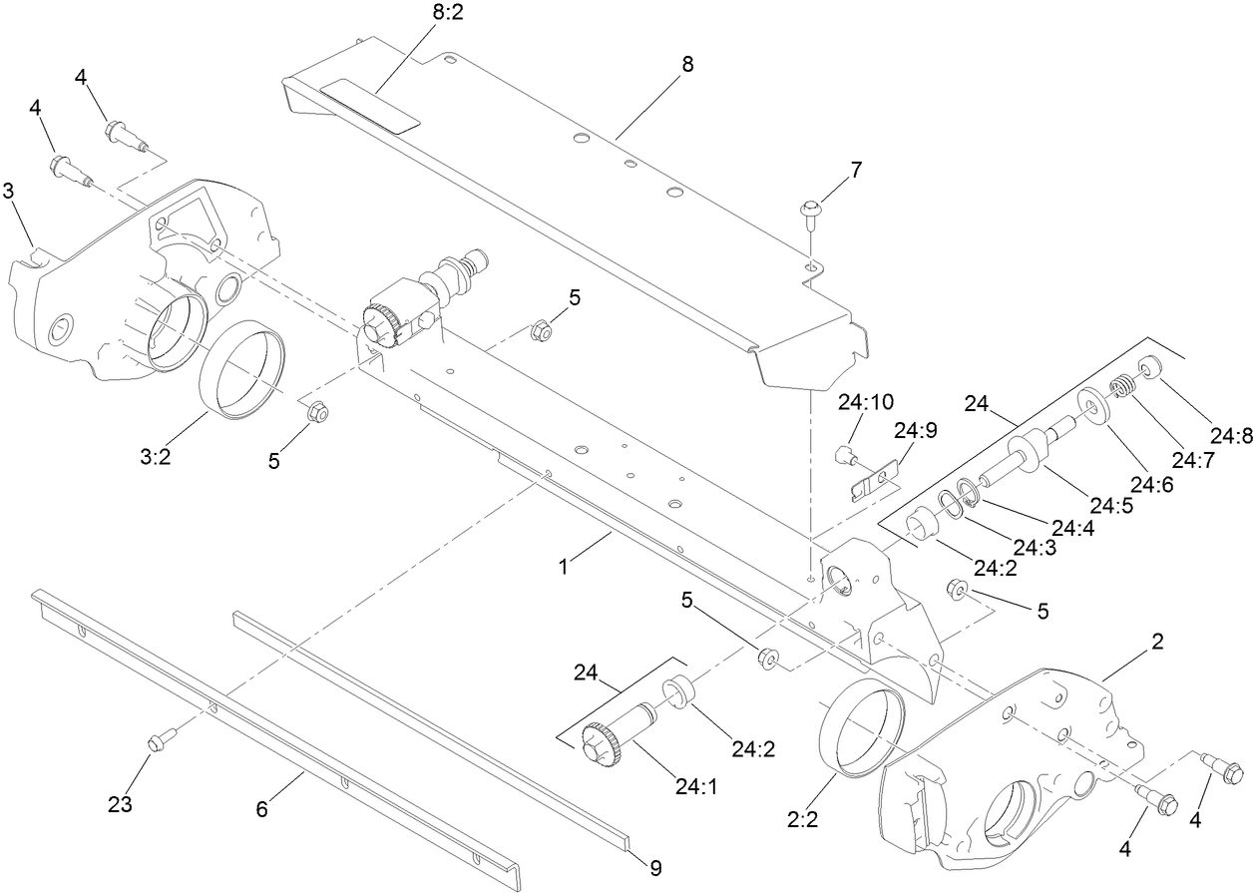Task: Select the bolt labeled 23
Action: pos(157,741)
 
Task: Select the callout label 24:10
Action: pos(865,403)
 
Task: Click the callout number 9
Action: pos(655,868)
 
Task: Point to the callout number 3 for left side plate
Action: pos(8,192)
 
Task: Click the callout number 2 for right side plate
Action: pos(1157,642)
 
